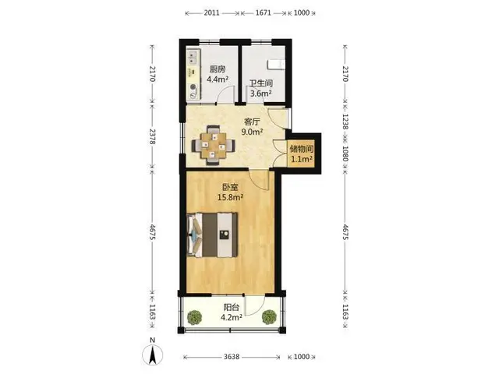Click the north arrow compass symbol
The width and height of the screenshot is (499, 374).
[153, 355]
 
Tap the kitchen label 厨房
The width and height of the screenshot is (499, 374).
[218, 69]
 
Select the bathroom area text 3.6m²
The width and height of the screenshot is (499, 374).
[260, 93]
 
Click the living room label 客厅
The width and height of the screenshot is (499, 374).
[252, 122]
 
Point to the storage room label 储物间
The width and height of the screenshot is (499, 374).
[302, 149]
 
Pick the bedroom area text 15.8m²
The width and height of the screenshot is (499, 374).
[230, 197]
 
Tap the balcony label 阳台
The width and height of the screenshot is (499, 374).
[232, 308]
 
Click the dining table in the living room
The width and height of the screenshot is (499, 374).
[213, 146]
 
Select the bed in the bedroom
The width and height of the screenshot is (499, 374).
[212, 235]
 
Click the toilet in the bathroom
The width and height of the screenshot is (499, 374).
[276, 64]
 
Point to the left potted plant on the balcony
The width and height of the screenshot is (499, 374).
[194, 317]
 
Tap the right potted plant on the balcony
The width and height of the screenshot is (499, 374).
[269, 317]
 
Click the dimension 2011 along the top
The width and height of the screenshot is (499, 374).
[211, 12]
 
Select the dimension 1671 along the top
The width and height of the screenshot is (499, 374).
[264, 12]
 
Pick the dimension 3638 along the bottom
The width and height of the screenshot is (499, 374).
[232, 357]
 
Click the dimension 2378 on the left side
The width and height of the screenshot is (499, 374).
[153, 137]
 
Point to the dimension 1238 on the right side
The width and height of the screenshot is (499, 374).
[345, 122]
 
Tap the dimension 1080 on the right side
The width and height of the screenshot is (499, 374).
[345, 153]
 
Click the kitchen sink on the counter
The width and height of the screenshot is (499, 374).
[193, 58]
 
